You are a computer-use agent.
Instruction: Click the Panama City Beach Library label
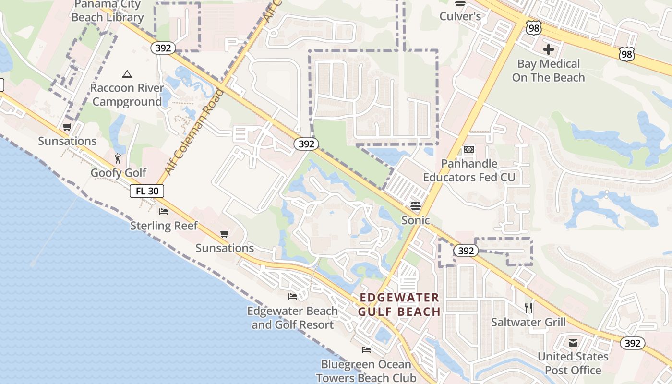pyautogui.click(x=108, y=11)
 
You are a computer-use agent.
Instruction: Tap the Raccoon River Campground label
pyautogui.click(x=127, y=95)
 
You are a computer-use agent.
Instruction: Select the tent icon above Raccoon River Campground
pyautogui.click(x=127, y=74)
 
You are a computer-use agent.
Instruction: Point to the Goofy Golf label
pyautogui.click(x=119, y=173)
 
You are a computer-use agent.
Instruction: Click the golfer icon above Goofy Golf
pyautogui.click(x=118, y=158)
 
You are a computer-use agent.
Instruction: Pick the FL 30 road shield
pyautogui.click(x=147, y=191)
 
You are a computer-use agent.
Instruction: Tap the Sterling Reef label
pyautogui.click(x=164, y=226)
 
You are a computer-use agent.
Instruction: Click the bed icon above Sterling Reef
pyautogui.click(x=164, y=211)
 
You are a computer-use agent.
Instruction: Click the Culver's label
pyautogui.click(x=460, y=16)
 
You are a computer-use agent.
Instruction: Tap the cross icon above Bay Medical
pyautogui.click(x=548, y=49)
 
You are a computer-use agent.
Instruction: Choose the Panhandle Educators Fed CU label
pyautogui.click(x=469, y=170)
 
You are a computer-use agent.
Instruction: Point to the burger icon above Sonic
pyautogui.click(x=416, y=206)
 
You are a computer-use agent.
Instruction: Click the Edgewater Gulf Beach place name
pyautogui.click(x=399, y=305)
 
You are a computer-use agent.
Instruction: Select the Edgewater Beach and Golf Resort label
pyautogui.click(x=292, y=318)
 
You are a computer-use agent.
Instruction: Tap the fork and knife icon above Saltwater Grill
pyautogui.click(x=528, y=308)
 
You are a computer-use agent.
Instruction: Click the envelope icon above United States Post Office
pyautogui.click(x=573, y=343)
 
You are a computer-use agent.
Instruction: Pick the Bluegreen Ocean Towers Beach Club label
pyautogui.click(x=366, y=371)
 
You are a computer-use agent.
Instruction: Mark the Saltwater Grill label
pyautogui.click(x=528, y=322)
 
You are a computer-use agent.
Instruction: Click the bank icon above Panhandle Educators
pyautogui.click(x=469, y=149)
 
